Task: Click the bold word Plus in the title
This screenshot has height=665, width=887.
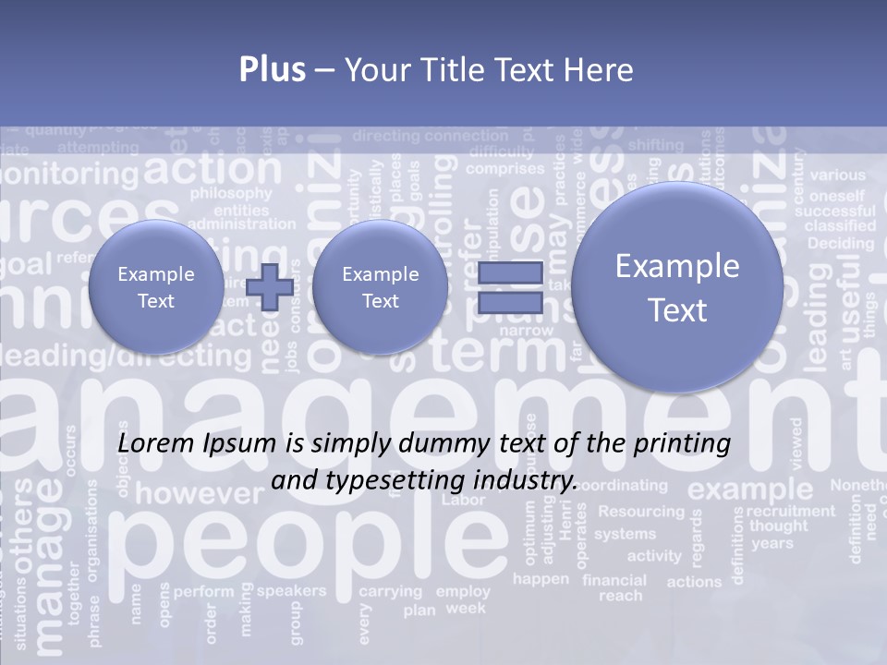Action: (x=272, y=70)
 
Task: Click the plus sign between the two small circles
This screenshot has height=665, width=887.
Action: (x=270, y=287)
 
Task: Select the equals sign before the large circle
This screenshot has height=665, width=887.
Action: (x=510, y=287)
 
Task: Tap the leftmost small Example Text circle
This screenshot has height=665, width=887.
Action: (x=156, y=287)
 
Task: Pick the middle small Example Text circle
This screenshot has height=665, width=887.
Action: (x=380, y=287)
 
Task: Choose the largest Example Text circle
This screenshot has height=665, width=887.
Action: (x=677, y=287)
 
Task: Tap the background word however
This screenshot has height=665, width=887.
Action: (x=199, y=493)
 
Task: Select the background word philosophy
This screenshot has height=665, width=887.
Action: (x=230, y=193)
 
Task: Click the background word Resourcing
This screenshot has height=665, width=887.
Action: (x=641, y=511)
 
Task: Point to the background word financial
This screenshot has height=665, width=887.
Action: (x=614, y=581)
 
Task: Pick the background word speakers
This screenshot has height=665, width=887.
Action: (x=291, y=590)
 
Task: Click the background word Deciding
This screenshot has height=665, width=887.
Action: (x=840, y=244)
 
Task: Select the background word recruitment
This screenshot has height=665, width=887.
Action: (x=790, y=511)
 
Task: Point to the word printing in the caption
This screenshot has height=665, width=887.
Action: (x=681, y=444)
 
